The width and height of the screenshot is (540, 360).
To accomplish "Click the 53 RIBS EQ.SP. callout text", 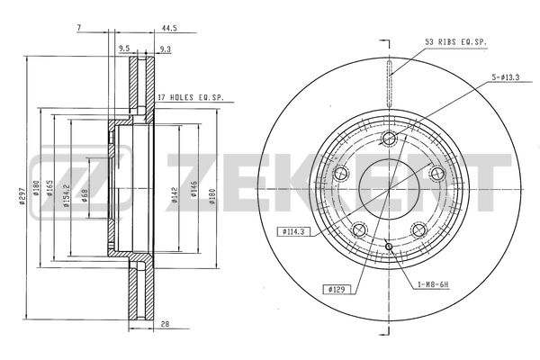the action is point(455,42).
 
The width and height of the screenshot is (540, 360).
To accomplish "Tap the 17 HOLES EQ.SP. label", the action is point(191,97).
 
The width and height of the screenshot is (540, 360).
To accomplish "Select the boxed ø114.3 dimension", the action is point(293,232).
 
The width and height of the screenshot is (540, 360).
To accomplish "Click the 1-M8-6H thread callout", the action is point(433,284).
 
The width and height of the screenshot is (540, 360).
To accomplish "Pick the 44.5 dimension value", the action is point(169,28).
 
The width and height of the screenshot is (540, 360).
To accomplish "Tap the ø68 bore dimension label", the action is point(85,195).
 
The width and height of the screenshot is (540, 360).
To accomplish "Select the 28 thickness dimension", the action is point(166,324).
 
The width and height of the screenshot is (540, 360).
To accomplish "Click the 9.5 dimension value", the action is point(124,49).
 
